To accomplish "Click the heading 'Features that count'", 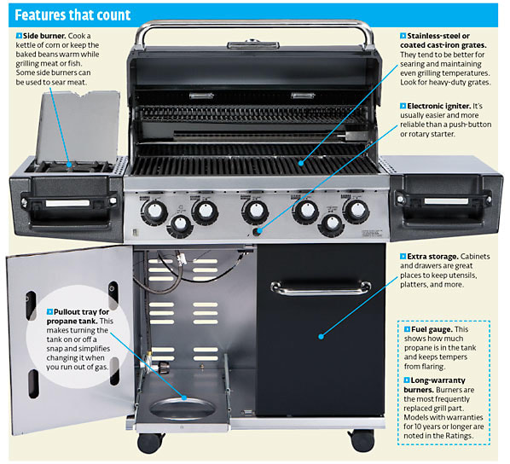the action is pos(72,15).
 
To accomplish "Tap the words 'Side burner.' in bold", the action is pos(44,36).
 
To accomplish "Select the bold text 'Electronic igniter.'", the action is pos(439,106).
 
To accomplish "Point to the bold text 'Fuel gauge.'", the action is pos(432,329).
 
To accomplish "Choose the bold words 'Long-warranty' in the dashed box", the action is pos(438,380).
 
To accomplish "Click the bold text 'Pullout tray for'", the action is pos(81,311).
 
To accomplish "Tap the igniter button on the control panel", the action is pos(258,231).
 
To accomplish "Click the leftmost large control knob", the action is pos(154,212).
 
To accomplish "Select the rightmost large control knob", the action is pos(356,211).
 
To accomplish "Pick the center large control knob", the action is pos(255,212).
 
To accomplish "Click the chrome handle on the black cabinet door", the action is pos(321,287).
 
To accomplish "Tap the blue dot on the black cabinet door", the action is pos(321,337).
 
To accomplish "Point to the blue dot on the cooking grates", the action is pos(301,163).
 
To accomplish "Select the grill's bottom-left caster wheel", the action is pos(150,443).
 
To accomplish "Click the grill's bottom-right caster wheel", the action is pos(362,441).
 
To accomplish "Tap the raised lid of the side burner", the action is pos(78,127).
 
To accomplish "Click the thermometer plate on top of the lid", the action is pos(252,44).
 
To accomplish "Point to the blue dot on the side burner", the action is pos(69,165).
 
